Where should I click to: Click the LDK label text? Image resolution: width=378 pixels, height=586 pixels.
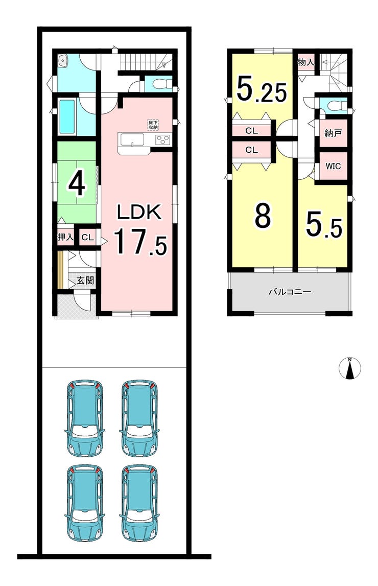click(139, 212)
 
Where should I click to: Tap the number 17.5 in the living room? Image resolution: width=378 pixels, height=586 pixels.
click(139, 242)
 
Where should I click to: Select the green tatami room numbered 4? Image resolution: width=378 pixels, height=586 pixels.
click(77, 182)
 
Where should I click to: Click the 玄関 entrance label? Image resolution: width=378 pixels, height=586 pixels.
click(85, 280)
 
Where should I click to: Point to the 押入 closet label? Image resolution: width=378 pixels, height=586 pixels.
click(65, 237)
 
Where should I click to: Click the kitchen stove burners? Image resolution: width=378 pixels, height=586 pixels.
click(162, 140)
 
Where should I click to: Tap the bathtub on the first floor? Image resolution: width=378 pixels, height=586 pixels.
click(67, 116)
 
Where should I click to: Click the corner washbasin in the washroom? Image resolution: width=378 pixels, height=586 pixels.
click(63, 60)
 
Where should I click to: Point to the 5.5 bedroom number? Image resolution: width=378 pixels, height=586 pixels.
click(324, 224)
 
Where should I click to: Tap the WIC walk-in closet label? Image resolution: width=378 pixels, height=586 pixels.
click(333, 166)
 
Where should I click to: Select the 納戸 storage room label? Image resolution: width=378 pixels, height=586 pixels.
click(333, 133)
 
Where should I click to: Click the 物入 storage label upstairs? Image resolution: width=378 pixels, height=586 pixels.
click(305, 62)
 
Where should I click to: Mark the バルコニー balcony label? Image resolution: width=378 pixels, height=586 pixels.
click(290, 292)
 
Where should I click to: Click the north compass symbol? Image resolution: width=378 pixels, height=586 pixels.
click(350, 368)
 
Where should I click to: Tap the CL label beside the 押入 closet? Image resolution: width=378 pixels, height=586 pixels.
click(88, 237)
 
